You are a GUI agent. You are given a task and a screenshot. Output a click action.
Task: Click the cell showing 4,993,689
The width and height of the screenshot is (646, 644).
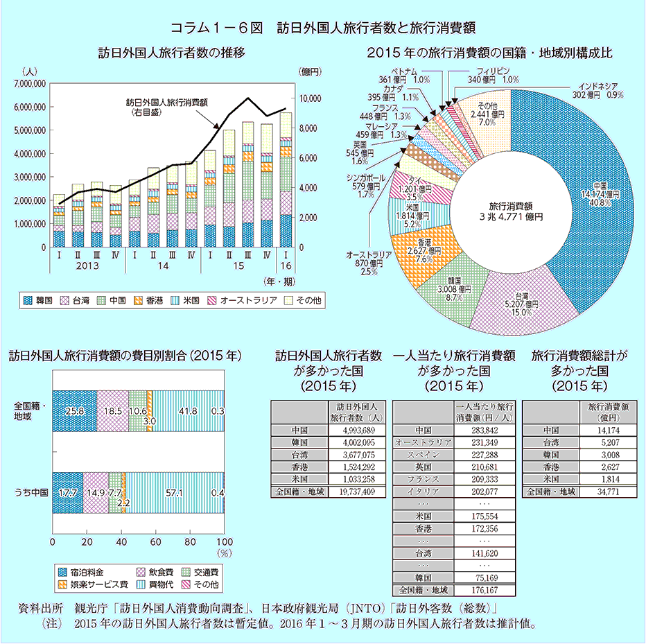coord(357,430)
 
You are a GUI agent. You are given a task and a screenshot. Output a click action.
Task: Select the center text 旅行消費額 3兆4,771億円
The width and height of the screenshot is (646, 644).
coord(509,211)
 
